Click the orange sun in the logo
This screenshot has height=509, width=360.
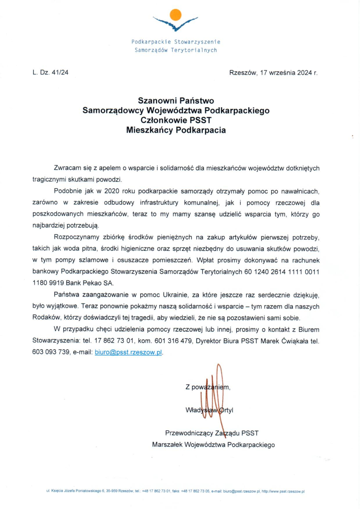[175, 15]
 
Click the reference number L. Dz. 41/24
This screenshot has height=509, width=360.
[50, 73]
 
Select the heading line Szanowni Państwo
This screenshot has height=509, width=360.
[176, 101]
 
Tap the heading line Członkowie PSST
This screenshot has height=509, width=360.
[176, 120]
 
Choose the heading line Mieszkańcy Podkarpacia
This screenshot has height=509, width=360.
[176, 130]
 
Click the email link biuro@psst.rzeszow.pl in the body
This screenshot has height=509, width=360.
[128, 353]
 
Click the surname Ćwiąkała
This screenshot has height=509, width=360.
[290, 341]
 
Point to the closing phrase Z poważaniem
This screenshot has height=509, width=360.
[207, 387]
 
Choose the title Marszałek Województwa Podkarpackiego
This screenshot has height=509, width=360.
[213, 445]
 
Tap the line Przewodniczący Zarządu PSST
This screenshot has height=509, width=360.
[212, 433]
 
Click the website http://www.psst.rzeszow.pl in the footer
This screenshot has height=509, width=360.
[282, 492]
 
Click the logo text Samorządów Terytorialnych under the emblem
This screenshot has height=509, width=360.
[176, 50]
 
